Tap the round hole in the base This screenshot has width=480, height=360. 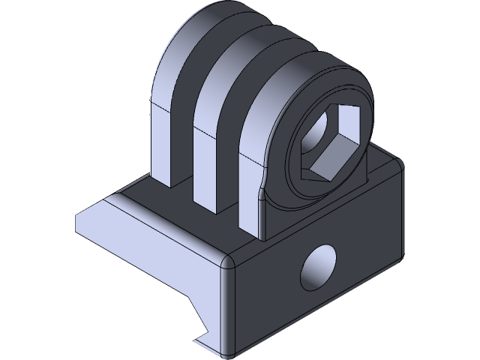pos(318,268)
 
